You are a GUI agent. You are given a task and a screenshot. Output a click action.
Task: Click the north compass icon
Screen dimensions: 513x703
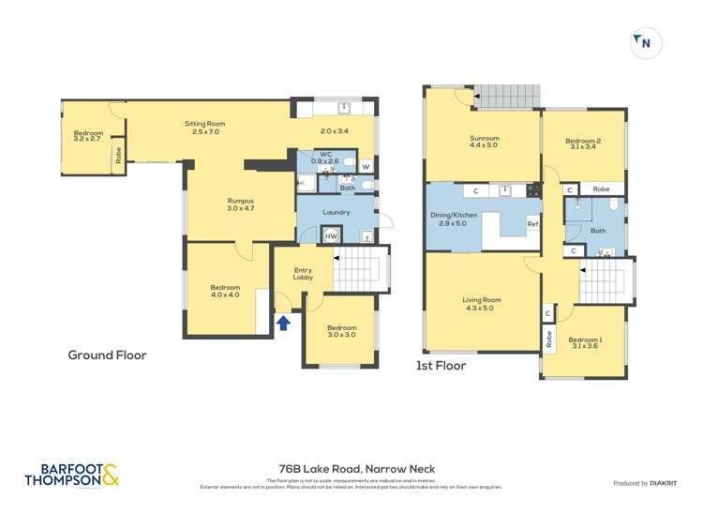coord(646,42)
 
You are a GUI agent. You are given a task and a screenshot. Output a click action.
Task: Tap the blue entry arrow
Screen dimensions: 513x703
coord(283,324)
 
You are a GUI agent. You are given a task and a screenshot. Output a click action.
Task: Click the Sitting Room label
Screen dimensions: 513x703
coord(203,128)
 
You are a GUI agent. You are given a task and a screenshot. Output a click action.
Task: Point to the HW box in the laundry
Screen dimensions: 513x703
coord(331,236)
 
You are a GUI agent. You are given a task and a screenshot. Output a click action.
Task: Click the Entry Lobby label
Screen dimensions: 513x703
coord(303,273)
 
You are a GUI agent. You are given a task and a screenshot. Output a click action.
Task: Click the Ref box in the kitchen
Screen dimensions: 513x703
coord(531,223)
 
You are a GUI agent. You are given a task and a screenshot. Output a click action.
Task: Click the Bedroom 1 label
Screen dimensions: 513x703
coord(585,343)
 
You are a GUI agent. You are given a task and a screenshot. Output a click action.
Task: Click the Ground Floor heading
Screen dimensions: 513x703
coord(107,355)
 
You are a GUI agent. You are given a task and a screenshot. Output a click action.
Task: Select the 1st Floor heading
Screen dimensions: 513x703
coord(441,367)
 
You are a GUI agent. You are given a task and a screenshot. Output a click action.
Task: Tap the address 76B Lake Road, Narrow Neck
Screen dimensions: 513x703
coord(352,469)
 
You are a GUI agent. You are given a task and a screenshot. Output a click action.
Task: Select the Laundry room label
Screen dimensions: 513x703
coord(336,212)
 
